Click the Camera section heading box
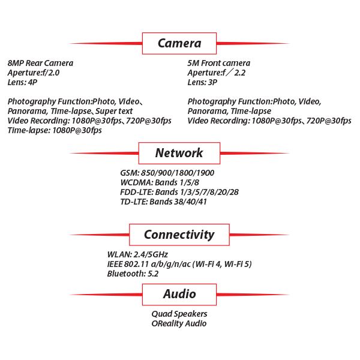click(179, 43)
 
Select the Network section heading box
click(179, 153)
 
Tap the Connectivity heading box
click(179, 234)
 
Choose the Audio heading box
click(179, 294)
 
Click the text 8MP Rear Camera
click(40, 63)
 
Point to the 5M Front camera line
click(218, 63)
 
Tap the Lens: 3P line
click(203, 82)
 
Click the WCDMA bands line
click(159, 183)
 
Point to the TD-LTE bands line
click(164, 202)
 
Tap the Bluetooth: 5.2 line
click(133, 274)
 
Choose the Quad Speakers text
click(179, 314)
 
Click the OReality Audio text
click(179, 323)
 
